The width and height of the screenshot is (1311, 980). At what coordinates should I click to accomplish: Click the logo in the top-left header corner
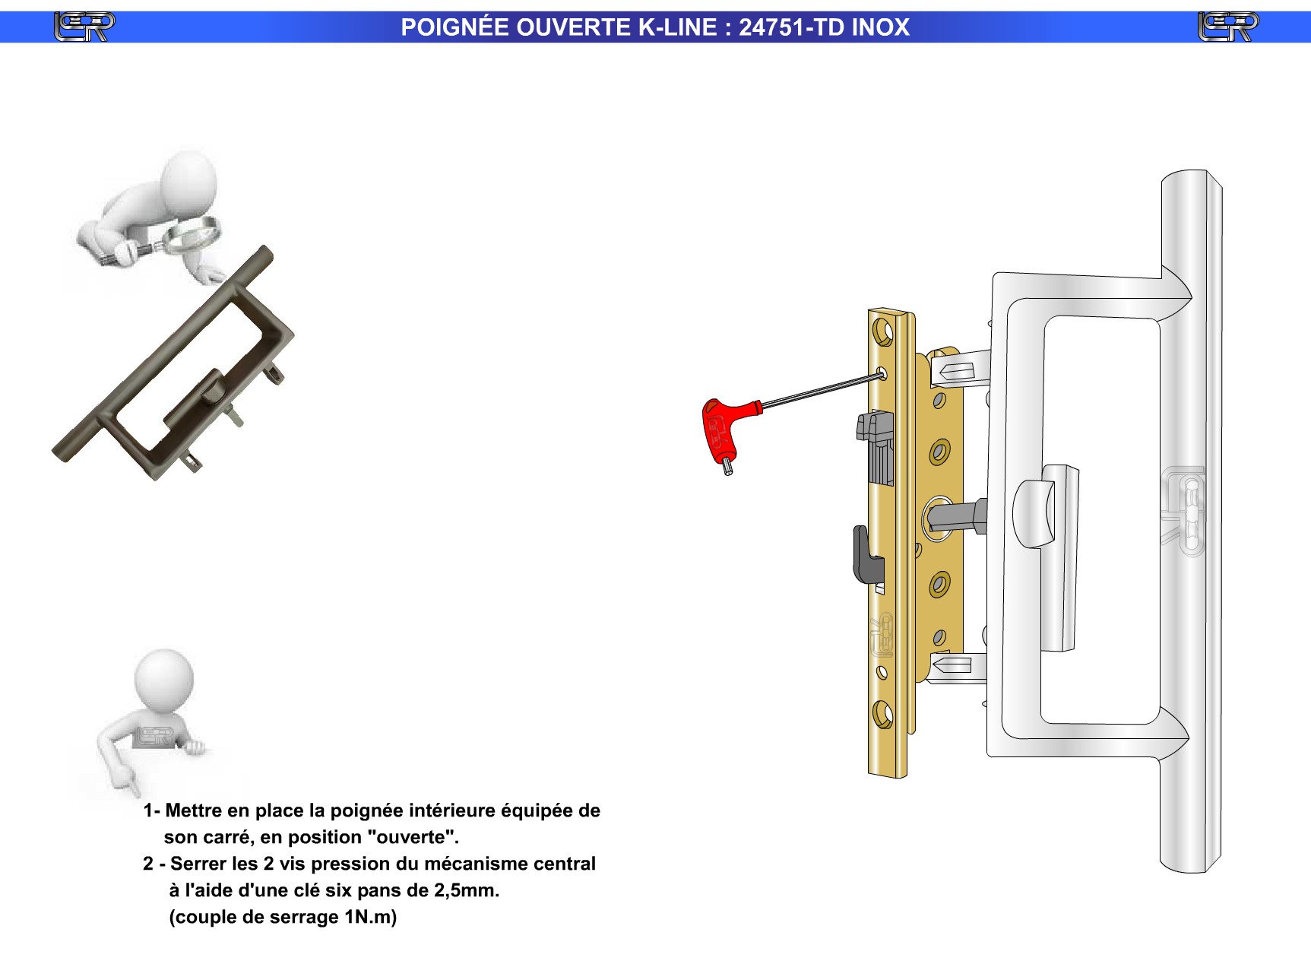[x=84, y=27]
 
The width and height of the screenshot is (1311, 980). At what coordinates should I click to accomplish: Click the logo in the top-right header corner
[x=1227, y=27]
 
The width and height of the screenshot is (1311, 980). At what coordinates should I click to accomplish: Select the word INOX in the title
[x=880, y=27]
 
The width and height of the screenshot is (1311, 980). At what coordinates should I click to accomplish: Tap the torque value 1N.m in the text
[x=370, y=917]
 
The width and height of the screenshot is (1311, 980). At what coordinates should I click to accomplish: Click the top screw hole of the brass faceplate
[x=882, y=333]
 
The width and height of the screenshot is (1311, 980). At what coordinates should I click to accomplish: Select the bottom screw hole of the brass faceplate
[x=882, y=715]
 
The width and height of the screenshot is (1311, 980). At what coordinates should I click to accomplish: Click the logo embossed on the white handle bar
[x=1183, y=511]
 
